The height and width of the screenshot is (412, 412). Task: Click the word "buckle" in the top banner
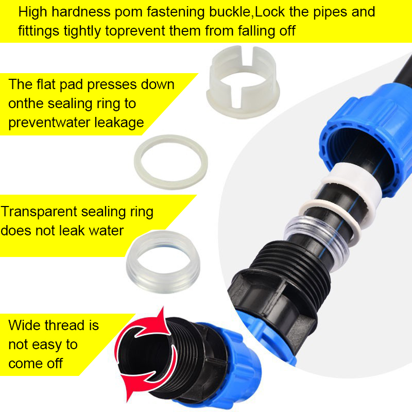pos(229,12)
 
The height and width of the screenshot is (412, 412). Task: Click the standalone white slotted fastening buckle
pos(242,82)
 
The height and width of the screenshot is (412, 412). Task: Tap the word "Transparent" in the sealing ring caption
pos(38,212)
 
